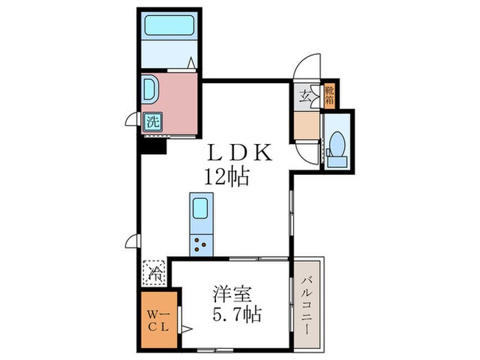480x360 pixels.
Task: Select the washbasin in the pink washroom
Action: (x=149, y=90)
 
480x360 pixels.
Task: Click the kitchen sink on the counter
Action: (x=200, y=208)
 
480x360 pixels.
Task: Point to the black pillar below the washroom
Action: (x=153, y=145)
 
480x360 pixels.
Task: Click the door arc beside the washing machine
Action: (x=132, y=121)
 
